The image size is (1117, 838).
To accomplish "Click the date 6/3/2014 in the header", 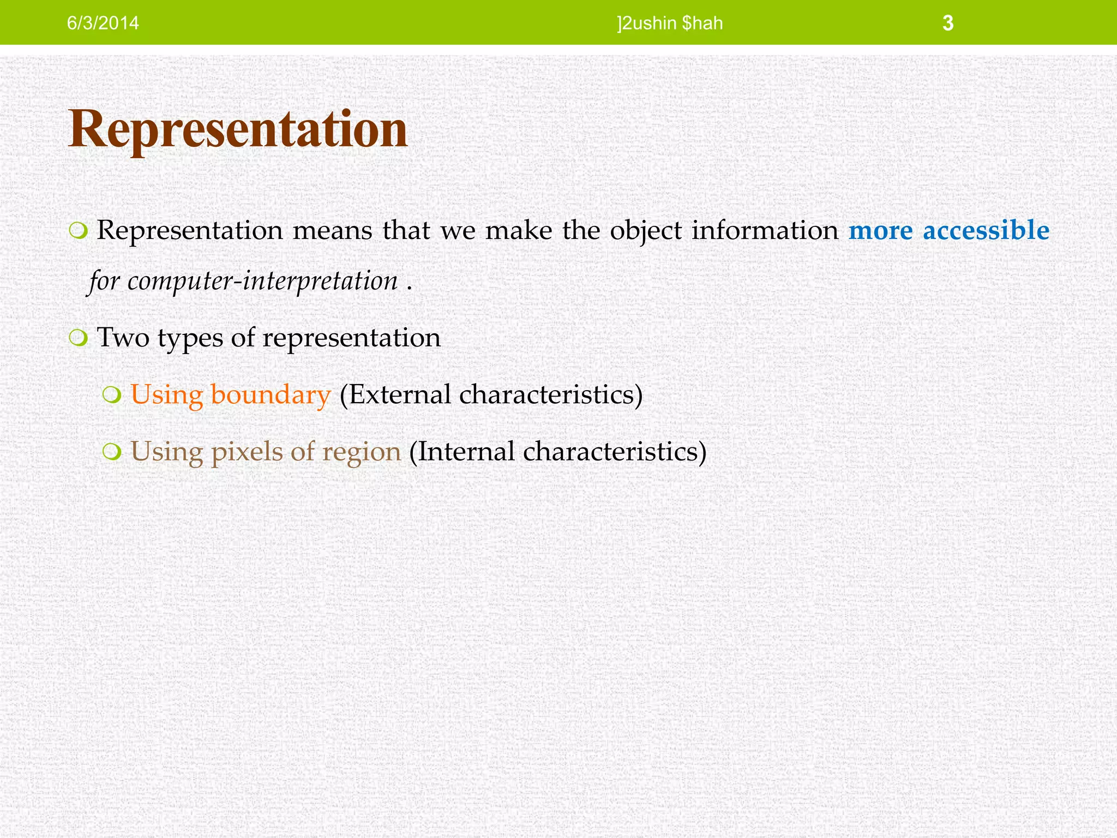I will coord(103,23).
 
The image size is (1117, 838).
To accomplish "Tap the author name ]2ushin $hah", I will coord(670,23).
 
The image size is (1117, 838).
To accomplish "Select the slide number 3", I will coord(948,23).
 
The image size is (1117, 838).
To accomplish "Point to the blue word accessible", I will coord(986,230).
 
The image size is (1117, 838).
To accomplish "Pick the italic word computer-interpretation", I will coord(262,282).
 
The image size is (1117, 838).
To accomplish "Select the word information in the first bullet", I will coord(765,230).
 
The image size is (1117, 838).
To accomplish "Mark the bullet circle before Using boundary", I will coord(111,395).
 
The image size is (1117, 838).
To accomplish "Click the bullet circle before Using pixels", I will coord(111,452).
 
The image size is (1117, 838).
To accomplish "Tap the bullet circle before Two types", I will coord(78,338).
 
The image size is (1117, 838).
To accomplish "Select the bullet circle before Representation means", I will coord(78,231).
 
